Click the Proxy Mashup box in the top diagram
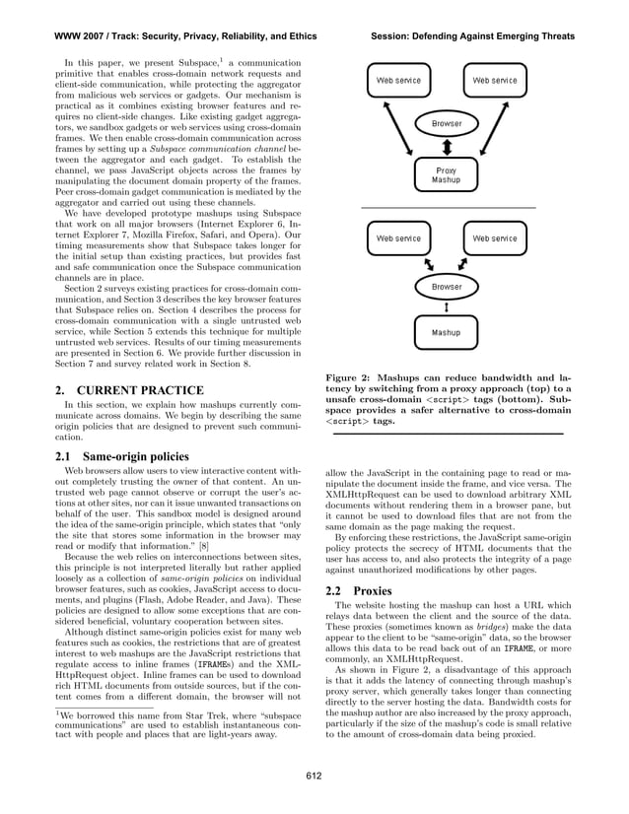[x=446, y=175]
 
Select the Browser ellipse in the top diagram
[x=446, y=124]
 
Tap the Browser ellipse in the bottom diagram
[x=446, y=287]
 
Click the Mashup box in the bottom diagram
[x=446, y=333]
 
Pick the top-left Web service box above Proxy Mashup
[x=398, y=80]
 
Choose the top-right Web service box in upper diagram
[x=494, y=80]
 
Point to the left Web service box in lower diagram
[x=398, y=238]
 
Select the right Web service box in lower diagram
[x=494, y=238]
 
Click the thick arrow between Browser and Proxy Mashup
[x=446, y=149]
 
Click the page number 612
[x=314, y=776]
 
